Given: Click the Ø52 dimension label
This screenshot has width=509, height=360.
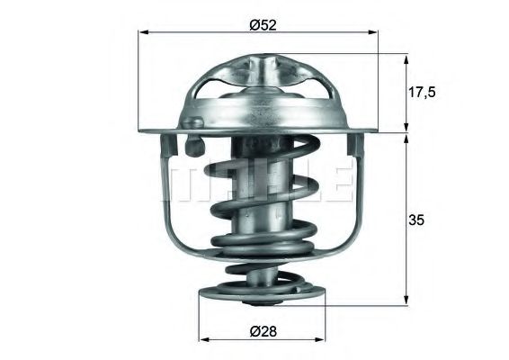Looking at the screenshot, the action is click(x=263, y=25).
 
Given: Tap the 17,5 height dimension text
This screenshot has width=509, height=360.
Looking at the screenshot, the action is click(x=422, y=93).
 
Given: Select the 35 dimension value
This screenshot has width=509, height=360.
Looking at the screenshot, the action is click(x=416, y=220).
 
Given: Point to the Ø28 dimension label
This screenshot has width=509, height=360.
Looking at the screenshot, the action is click(x=263, y=331).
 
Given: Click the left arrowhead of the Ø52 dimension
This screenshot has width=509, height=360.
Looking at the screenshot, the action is click(x=143, y=32).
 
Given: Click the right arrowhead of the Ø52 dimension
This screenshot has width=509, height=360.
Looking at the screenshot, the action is click(x=373, y=32).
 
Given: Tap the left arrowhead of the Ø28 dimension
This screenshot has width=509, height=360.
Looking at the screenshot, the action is click(x=203, y=340).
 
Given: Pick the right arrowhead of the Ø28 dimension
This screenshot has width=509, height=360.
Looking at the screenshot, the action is click(x=320, y=340).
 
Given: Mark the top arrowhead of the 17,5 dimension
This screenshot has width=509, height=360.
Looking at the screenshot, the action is click(x=406, y=60).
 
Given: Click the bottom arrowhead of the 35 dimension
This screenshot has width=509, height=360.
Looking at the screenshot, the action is click(x=406, y=300).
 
